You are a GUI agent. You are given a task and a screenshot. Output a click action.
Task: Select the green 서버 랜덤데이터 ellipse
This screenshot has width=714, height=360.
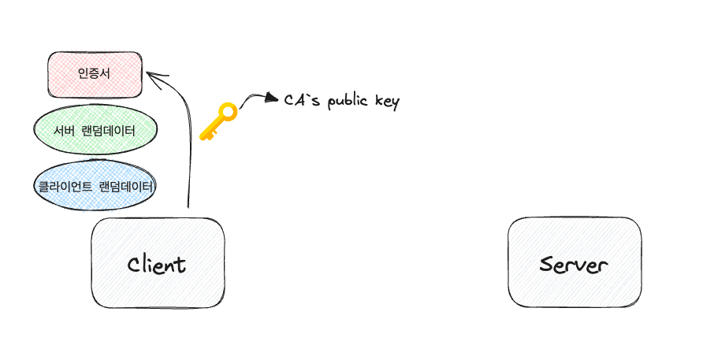click(x=95, y=131)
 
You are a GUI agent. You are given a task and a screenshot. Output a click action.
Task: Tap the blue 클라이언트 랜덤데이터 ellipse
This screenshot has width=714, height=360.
click(x=95, y=187)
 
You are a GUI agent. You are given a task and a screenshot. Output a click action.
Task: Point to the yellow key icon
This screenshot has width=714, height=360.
click(x=218, y=122)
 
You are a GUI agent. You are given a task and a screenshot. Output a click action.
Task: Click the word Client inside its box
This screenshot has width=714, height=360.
click(x=157, y=264)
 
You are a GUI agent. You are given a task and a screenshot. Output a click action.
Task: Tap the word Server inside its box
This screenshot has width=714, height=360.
click(x=574, y=264)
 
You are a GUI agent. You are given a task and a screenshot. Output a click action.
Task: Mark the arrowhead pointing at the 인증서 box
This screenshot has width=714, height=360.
click(x=152, y=76)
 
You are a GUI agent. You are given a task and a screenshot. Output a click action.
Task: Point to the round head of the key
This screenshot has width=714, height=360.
click(x=226, y=112)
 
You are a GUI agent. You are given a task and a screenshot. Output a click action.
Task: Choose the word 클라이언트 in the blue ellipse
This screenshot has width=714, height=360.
click(x=65, y=187)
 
